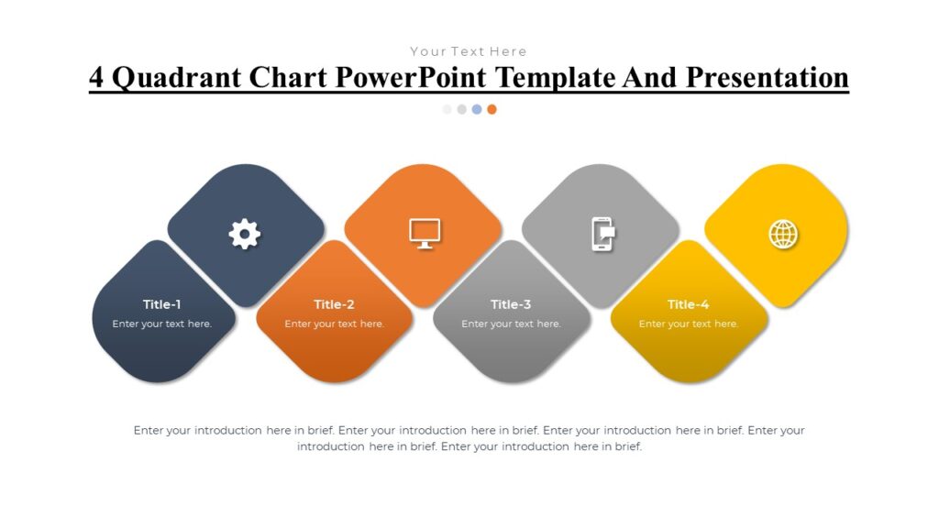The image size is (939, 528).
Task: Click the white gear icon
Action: tap(244, 234)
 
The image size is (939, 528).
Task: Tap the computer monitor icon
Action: tap(425, 234)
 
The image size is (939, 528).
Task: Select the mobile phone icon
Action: tap(602, 234)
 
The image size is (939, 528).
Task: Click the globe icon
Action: tap(783, 234)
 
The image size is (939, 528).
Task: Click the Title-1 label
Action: tap(162, 304)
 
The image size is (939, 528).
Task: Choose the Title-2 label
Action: tap(334, 304)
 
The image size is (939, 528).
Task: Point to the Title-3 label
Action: tap(511, 304)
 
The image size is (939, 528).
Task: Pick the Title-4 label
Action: tap(688, 304)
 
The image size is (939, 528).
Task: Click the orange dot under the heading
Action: tap(492, 109)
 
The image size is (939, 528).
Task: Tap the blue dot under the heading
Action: tap(477, 109)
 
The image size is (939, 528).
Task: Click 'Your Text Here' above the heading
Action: tap(469, 51)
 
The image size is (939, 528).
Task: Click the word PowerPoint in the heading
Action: tap(397, 78)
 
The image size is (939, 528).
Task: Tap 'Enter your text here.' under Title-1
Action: tap(162, 324)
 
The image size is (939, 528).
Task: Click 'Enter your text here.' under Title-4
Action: tap(688, 324)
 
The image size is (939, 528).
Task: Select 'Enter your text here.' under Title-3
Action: tap(511, 324)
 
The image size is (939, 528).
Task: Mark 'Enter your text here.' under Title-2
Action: tap(334, 324)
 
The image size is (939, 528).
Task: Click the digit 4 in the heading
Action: tap(95, 78)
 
